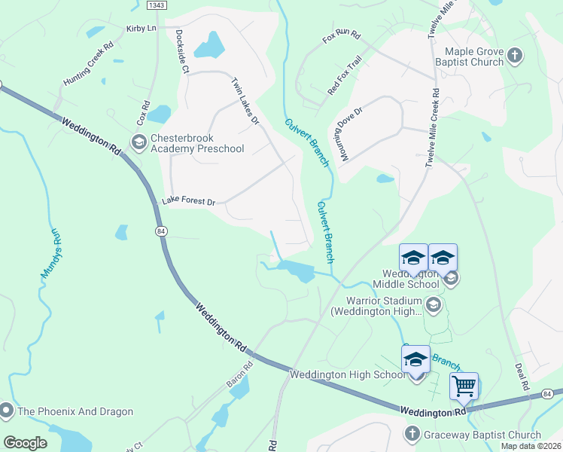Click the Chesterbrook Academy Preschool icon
click(x=138, y=142)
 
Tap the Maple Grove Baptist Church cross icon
click(x=515, y=55)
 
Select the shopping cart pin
click(x=464, y=387)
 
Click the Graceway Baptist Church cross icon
click(x=411, y=434)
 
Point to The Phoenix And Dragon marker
click(x=7, y=411)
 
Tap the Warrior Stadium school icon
click(x=433, y=304)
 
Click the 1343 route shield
click(x=157, y=5)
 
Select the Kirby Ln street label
click(x=141, y=28)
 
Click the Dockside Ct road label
click(x=181, y=51)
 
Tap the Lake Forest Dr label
click(x=189, y=202)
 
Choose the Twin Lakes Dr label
click(x=245, y=101)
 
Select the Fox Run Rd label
click(x=342, y=36)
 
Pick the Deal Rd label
click(x=523, y=377)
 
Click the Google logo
click(x=26, y=443)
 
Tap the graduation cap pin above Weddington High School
click(x=415, y=360)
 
